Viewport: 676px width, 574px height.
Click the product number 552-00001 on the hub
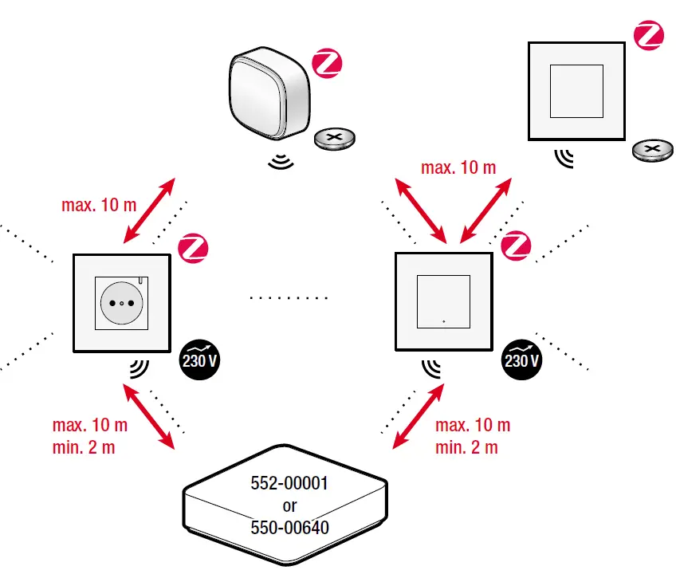(x=289, y=484)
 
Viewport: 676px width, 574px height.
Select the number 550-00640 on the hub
(x=289, y=527)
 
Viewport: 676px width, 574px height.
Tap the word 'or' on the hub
(x=289, y=505)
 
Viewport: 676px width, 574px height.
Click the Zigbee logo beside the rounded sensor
(x=326, y=64)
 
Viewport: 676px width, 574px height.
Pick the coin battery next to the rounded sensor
(x=335, y=140)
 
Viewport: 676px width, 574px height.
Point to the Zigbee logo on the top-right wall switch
(x=648, y=37)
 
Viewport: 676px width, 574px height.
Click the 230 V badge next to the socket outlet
(x=198, y=360)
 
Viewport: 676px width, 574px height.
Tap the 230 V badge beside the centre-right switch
(x=521, y=360)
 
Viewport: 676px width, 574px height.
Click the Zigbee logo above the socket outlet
(x=192, y=248)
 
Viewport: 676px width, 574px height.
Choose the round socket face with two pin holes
(x=121, y=303)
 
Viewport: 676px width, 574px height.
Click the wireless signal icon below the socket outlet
(x=139, y=368)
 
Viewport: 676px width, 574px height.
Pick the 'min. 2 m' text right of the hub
(x=466, y=447)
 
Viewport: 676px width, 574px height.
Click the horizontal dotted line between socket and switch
(x=288, y=298)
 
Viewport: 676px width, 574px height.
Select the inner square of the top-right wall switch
(x=576, y=90)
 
